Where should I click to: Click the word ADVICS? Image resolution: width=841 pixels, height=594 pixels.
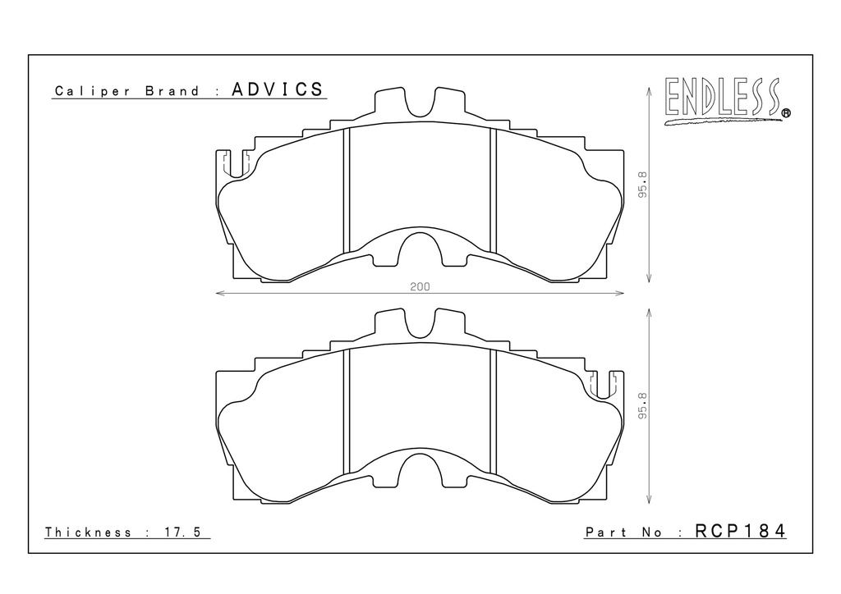(x=278, y=89)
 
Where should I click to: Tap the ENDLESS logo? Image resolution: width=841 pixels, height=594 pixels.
(x=726, y=101)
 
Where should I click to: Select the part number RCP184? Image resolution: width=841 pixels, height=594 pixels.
(x=740, y=531)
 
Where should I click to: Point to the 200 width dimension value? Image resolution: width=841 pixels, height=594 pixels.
(x=420, y=286)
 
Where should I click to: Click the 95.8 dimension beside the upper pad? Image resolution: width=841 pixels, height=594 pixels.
(x=643, y=185)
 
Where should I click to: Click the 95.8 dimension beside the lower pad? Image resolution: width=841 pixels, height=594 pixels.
(x=643, y=406)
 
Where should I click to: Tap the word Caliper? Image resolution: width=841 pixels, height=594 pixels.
(x=93, y=91)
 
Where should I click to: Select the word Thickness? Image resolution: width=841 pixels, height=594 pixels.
(x=88, y=532)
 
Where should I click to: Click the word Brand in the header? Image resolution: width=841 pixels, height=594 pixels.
(x=172, y=91)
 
